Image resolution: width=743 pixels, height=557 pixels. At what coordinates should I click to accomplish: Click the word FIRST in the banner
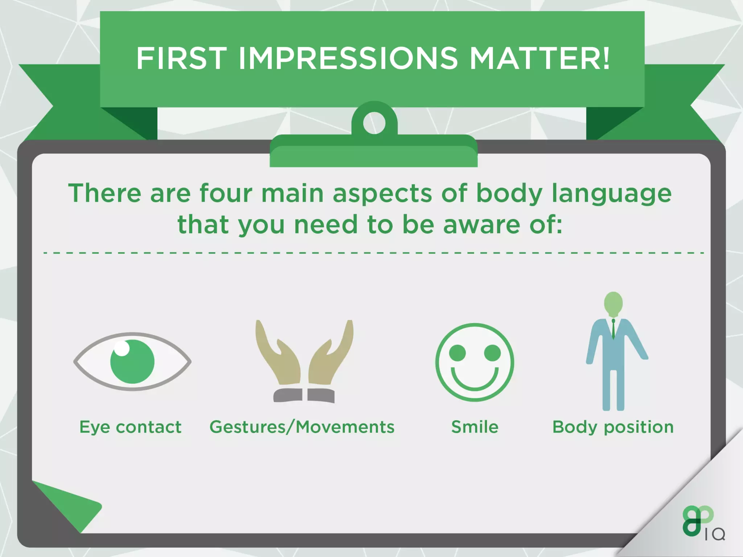pos(181,58)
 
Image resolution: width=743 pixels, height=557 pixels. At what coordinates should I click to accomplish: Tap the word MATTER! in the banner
pos(540,58)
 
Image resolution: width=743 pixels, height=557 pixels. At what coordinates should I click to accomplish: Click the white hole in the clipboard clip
pos(374,123)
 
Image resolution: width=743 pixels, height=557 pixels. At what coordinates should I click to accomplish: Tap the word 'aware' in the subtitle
pos(482,224)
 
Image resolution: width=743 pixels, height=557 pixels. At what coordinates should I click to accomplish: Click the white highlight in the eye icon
pos(122,348)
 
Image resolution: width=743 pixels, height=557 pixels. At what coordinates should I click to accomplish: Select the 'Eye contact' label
pos(130,427)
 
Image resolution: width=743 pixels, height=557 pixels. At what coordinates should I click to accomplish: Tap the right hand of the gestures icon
pos(330,357)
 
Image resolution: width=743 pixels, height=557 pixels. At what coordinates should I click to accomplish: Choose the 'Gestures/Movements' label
pos(302,427)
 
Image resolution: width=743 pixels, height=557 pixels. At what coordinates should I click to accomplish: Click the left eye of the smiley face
pos(457,352)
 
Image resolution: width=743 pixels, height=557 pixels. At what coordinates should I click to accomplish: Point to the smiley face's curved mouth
pos(475,381)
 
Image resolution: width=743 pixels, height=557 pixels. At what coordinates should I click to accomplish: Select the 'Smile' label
pos(475,427)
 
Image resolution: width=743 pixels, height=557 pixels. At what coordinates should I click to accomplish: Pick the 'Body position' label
pos(613,427)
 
